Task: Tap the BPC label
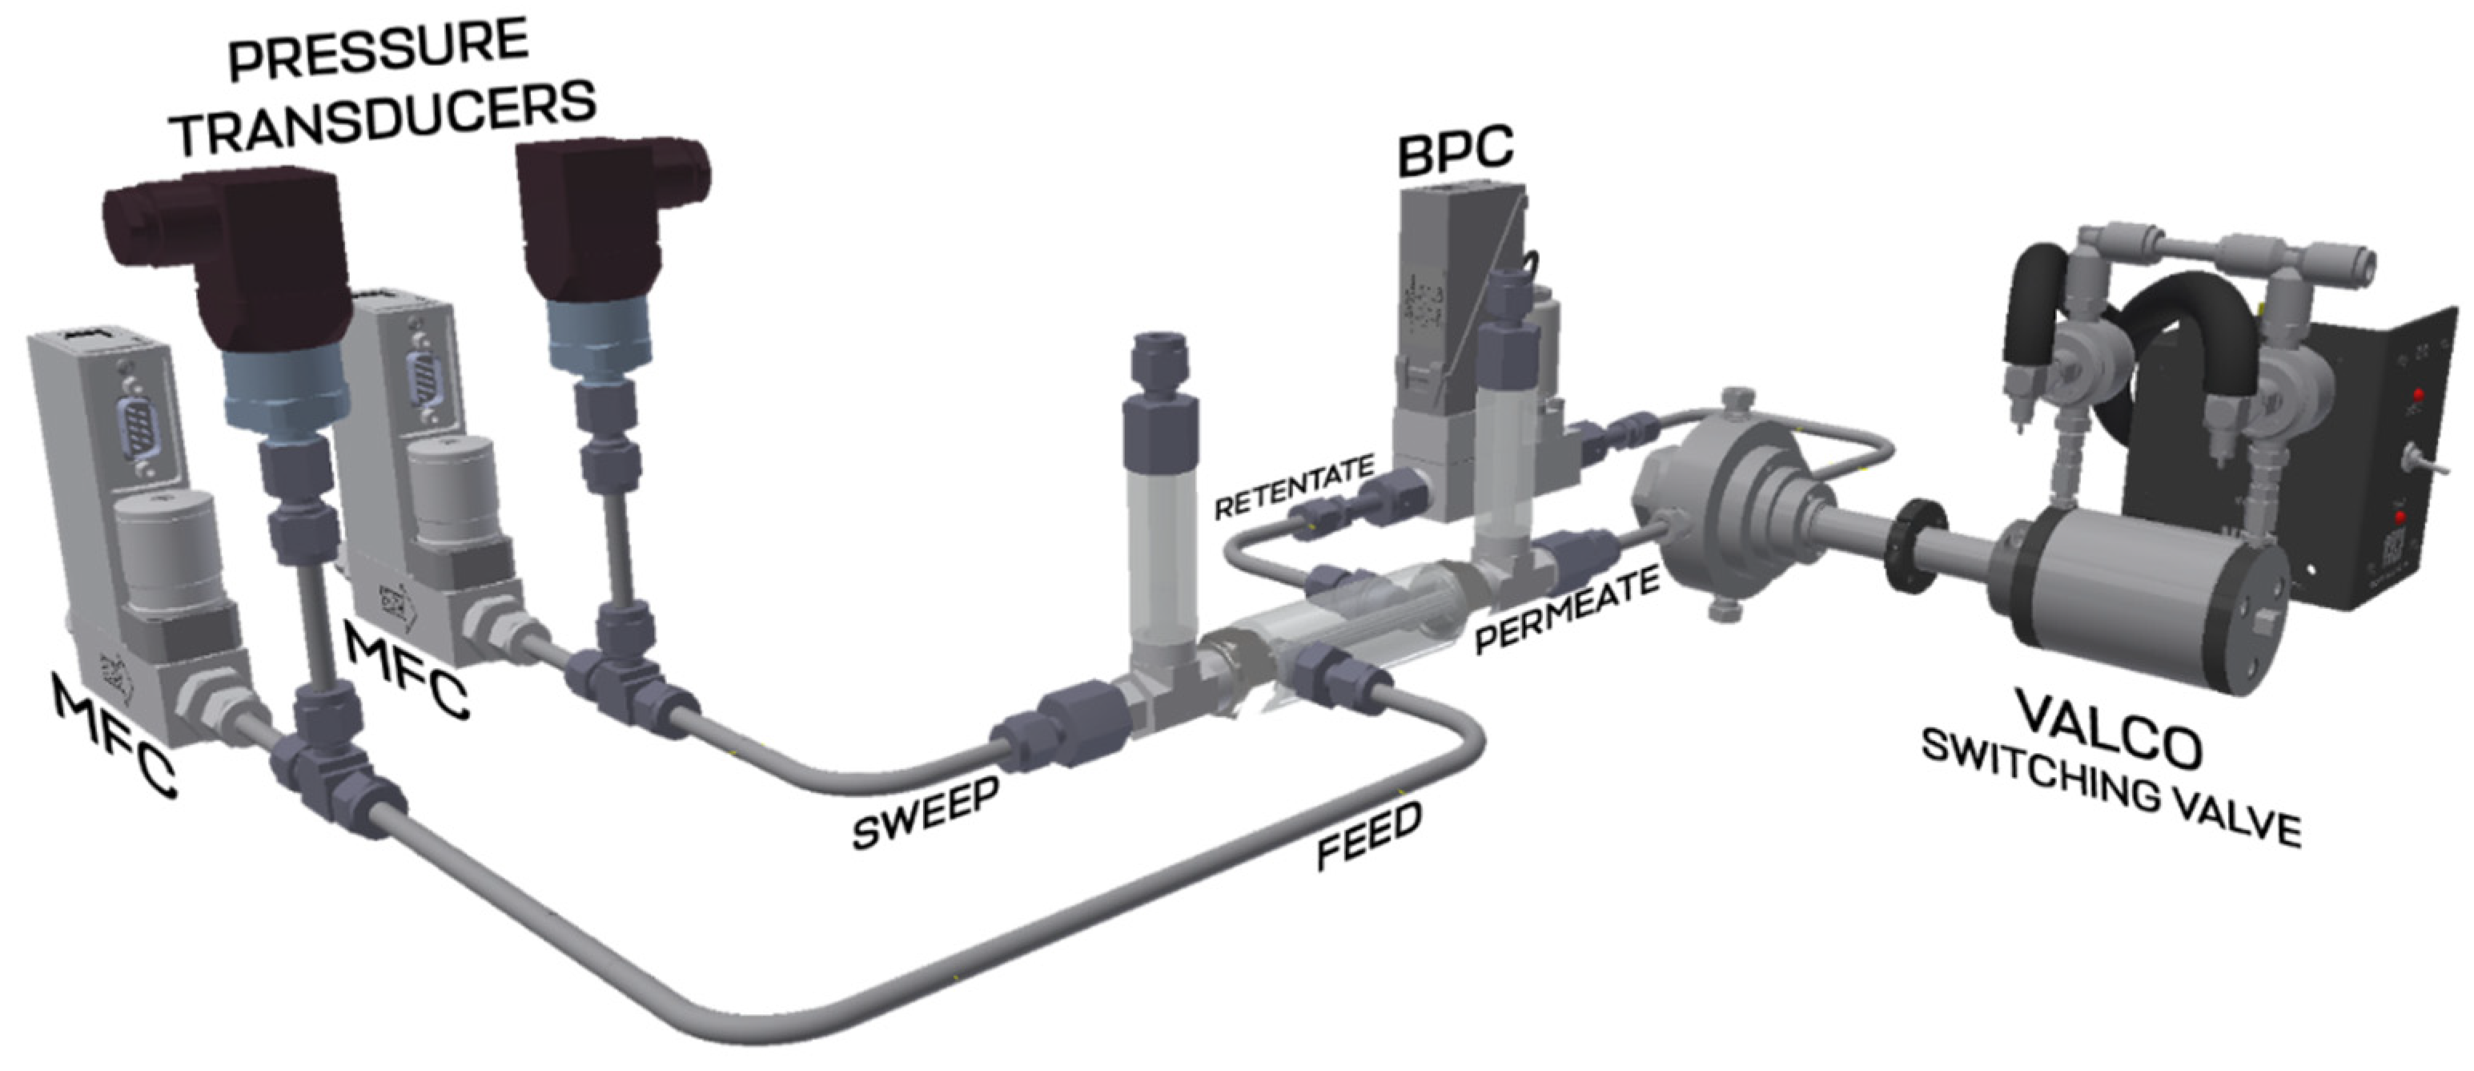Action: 1455,151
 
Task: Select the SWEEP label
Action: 925,814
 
